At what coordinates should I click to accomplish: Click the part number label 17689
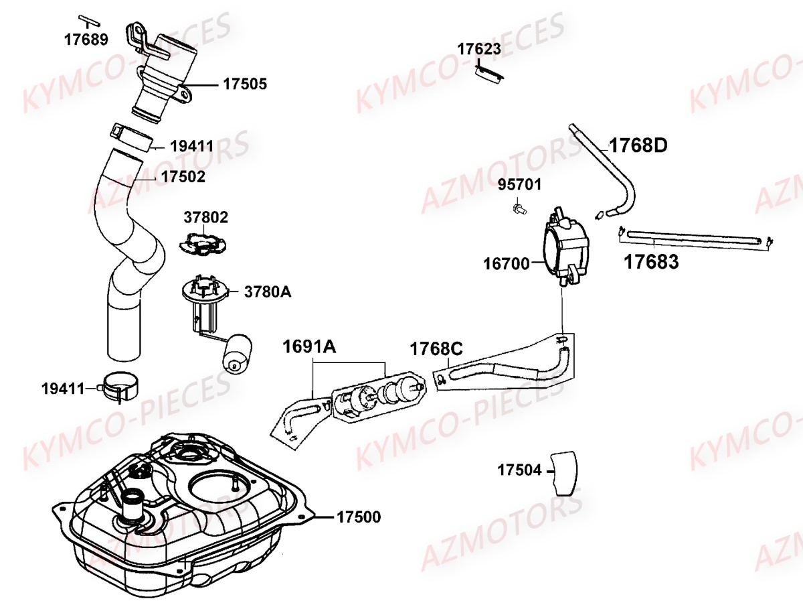[x=86, y=40]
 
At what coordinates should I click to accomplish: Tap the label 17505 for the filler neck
[x=244, y=84]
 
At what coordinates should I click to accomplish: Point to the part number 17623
[x=479, y=48]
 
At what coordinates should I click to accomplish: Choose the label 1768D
[x=638, y=145]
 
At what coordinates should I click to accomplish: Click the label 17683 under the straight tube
[x=651, y=261]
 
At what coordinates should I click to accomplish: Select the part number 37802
[x=206, y=218]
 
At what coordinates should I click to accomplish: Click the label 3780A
[x=268, y=292]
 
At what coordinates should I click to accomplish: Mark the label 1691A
[x=309, y=347]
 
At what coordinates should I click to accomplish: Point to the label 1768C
[x=436, y=349]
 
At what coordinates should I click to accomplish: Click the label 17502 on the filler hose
[x=183, y=177]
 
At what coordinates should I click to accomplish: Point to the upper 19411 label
[x=191, y=145]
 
